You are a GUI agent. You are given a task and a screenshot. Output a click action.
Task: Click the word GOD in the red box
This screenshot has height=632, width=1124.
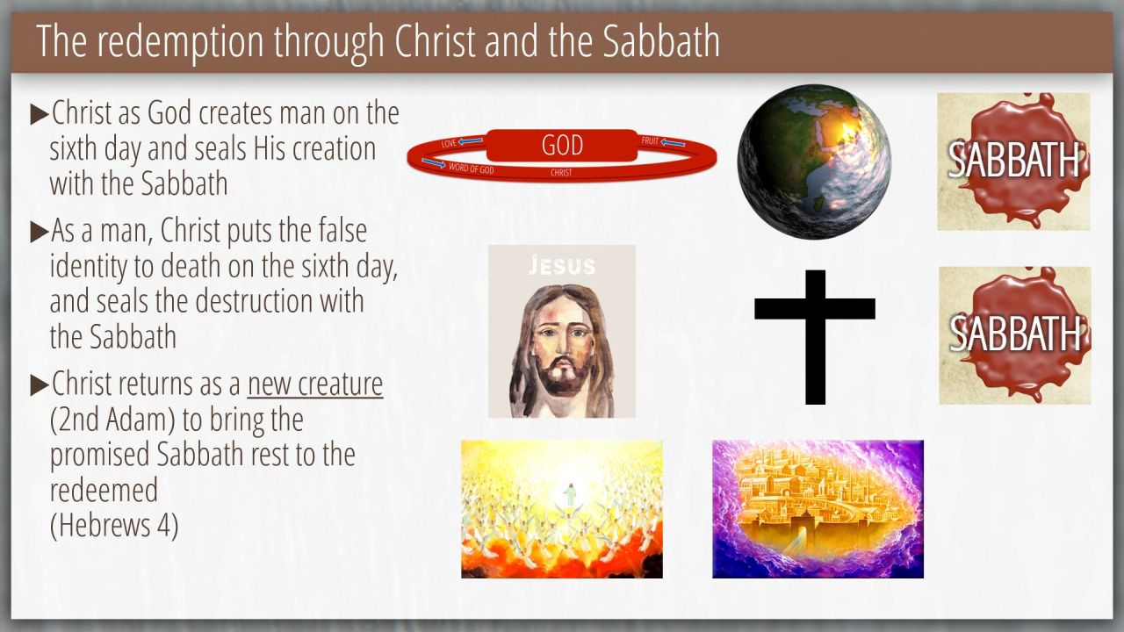pos(562,146)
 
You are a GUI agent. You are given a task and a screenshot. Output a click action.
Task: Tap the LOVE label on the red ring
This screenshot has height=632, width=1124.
pos(449,143)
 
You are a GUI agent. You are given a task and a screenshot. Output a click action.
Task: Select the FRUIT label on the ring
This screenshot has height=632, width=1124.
pos(650,141)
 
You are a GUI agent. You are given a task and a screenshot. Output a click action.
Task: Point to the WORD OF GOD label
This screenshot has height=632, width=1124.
pos(472,169)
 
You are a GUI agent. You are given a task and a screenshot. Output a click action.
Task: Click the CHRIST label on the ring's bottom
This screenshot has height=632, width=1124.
pos(561,173)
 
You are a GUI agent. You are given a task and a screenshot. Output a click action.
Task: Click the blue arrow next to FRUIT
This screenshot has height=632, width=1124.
pos(673,143)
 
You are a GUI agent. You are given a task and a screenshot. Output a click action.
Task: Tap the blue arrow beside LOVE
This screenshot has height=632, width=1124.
pos(471,141)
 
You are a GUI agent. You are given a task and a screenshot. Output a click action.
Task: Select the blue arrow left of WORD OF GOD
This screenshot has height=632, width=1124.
pos(434,162)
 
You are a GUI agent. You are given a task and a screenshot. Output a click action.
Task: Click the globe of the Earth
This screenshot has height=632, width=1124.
pos(814,161)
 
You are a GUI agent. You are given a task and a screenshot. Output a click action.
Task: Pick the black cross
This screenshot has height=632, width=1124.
pos(815,337)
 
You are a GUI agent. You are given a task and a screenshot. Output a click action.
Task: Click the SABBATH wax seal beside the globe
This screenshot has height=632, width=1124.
pos(1013,162)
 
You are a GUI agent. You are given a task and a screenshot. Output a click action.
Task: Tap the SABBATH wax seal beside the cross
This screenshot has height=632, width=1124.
pos(1015,335)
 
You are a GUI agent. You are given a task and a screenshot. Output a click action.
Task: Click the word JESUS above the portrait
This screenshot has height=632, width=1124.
pos(562,265)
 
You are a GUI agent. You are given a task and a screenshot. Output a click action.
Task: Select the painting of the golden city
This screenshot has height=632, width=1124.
pos(818,509)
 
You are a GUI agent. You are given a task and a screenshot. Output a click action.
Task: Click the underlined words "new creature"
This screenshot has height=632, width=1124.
pos(315,384)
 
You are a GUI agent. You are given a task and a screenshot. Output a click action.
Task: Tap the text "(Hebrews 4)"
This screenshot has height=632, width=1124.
pos(114,525)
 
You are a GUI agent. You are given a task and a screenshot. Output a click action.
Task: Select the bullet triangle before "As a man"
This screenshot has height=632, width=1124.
pos(40,232)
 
